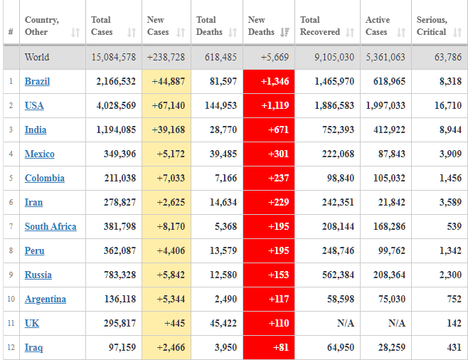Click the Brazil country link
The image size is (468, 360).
(37, 82)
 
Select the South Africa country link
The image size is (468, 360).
(50, 227)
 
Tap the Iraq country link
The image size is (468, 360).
(33, 348)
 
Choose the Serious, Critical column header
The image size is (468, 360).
(432, 26)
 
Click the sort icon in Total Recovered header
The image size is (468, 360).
(350, 32)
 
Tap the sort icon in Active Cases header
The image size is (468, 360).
(401, 32)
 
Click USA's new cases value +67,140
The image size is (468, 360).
(168, 106)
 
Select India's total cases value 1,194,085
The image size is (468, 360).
(116, 130)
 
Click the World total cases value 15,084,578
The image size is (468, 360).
(114, 58)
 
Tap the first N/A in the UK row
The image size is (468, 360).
(346, 324)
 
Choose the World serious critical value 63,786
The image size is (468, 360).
(446, 58)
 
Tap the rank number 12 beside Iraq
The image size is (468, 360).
(11, 348)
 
